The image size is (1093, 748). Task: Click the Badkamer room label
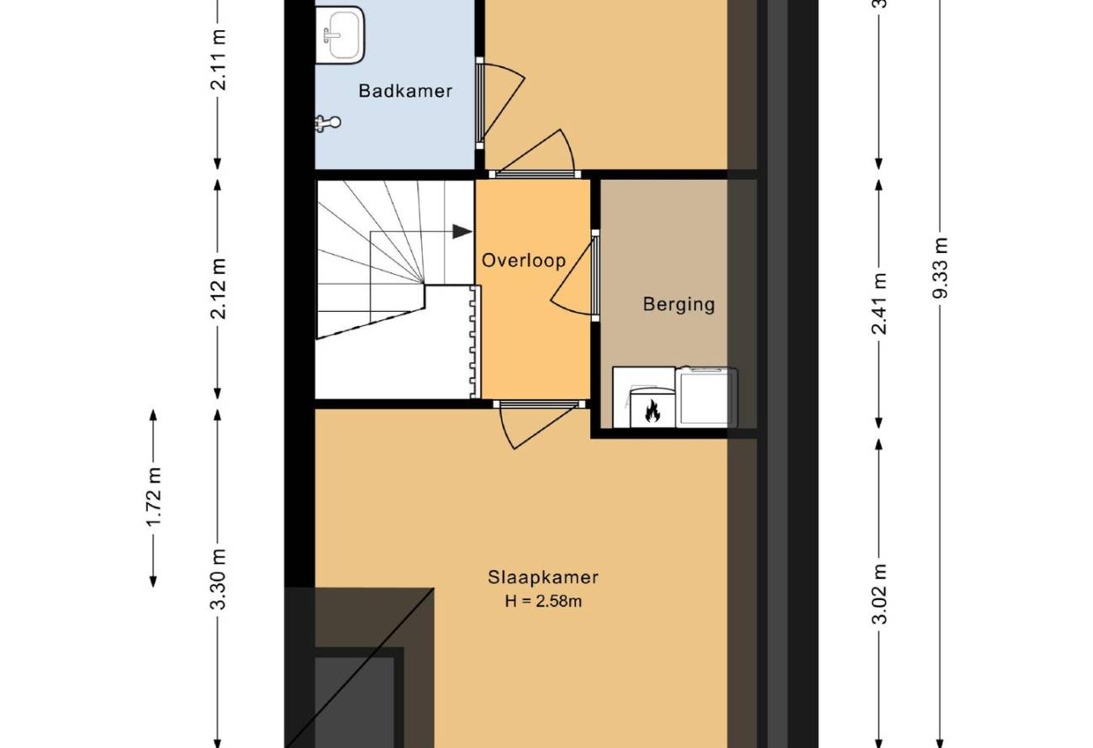pyautogui.click(x=405, y=91)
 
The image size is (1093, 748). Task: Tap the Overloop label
pyautogui.click(x=524, y=261)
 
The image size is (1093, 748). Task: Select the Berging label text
pyautogui.click(x=679, y=304)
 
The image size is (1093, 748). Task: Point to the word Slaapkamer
pyautogui.click(x=543, y=577)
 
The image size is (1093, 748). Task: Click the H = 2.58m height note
pyautogui.click(x=543, y=601)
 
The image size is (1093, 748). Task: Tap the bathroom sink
pyautogui.click(x=341, y=35)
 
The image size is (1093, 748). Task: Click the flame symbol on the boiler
pyautogui.click(x=652, y=411)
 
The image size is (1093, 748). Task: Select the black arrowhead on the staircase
pyautogui.click(x=462, y=232)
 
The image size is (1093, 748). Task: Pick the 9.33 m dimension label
pyautogui.click(x=940, y=268)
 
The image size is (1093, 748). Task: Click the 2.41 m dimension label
pyautogui.click(x=879, y=303)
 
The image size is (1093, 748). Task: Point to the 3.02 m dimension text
pyautogui.click(x=879, y=594)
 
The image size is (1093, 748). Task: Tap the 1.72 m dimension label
pyautogui.click(x=154, y=497)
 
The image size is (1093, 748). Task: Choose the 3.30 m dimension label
pyautogui.click(x=218, y=579)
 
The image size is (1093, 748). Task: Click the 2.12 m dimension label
pyautogui.click(x=218, y=288)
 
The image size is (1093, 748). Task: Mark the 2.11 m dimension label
pyautogui.click(x=218, y=60)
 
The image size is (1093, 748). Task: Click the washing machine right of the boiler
pyautogui.click(x=706, y=397)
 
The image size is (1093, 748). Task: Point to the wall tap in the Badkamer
pyautogui.click(x=327, y=123)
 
